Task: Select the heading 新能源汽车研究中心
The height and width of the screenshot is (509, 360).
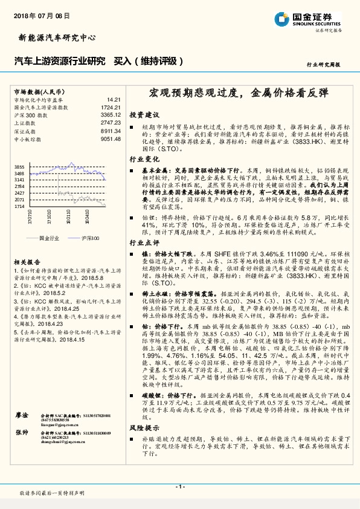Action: tap(54, 37)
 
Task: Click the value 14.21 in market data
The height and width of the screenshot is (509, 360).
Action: tap(114, 99)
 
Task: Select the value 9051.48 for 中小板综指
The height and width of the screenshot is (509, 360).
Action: tap(111, 138)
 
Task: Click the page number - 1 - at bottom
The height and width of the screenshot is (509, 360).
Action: tap(180, 487)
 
